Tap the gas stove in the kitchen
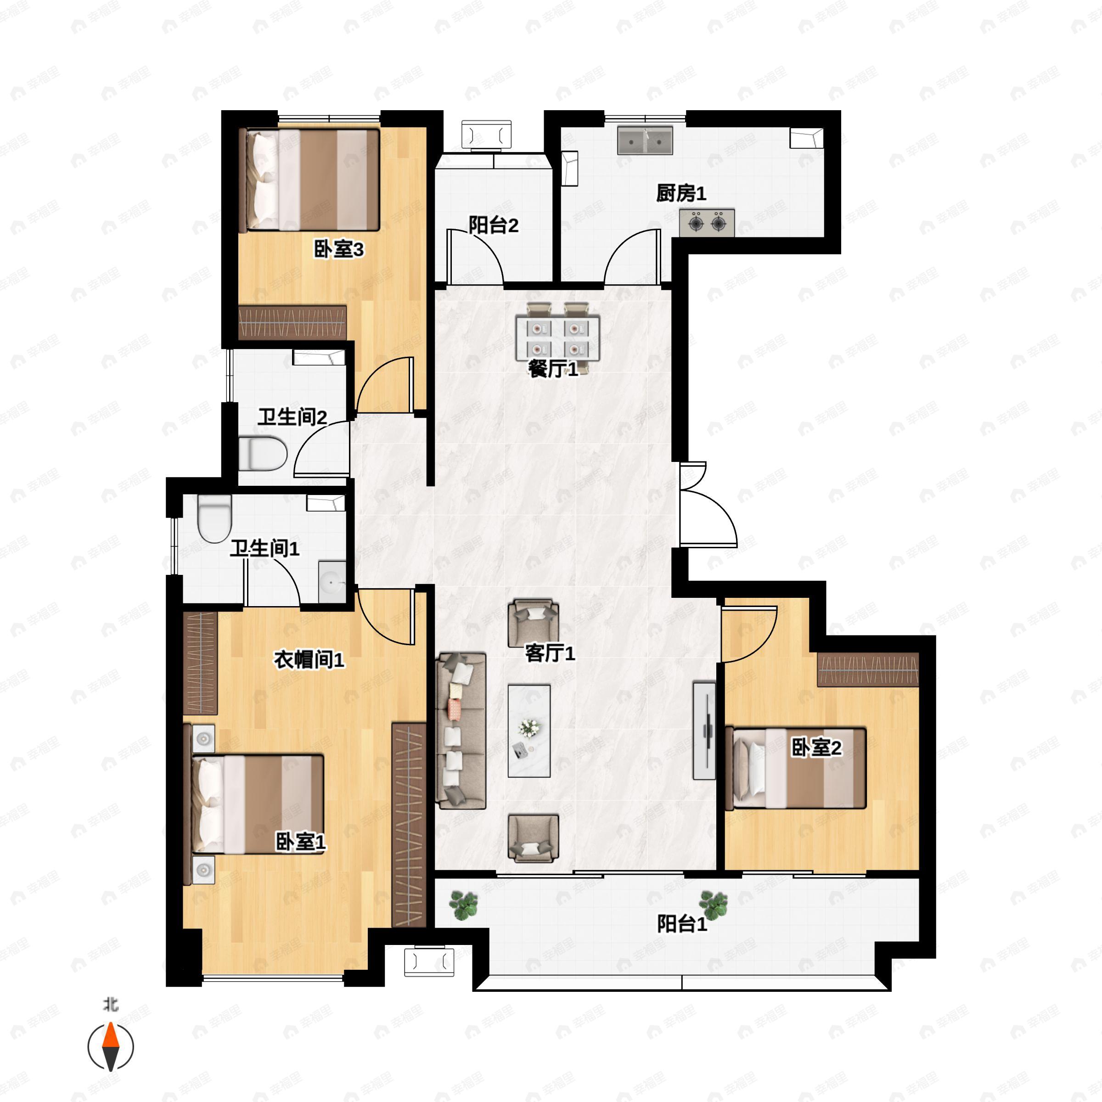(706, 222)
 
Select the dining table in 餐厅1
(558, 338)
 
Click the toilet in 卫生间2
(262, 454)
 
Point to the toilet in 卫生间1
(214, 518)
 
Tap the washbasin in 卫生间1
(332, 581)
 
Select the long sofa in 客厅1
(461, 731)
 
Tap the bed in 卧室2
(796, 768)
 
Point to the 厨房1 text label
(681, 193)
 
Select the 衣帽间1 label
(309, 660)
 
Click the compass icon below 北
(111, 1047)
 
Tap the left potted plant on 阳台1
(463, 905)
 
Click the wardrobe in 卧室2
(867, 669)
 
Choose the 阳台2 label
(494, 225)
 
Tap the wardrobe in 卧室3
(292, 323)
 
